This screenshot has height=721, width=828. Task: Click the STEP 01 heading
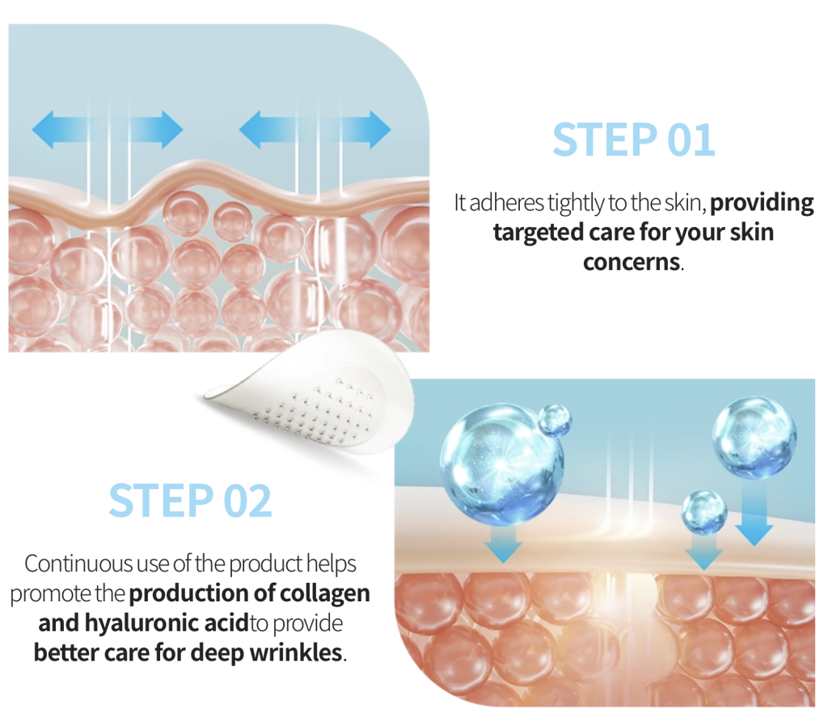click(634, 139)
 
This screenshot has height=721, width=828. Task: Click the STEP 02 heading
click(190, 500)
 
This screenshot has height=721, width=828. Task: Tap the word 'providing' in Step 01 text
click(762, 203)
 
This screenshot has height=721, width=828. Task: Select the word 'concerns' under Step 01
click(631, 263)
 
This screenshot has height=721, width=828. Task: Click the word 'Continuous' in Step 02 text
click(78, 563)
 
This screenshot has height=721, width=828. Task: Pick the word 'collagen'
click(324, 594)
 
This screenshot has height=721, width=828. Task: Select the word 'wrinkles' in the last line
click(296, 653)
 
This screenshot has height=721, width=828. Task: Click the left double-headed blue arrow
click(108, 129)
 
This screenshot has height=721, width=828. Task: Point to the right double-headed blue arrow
click(315, 129)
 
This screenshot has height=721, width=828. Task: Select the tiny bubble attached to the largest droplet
click(555, 420)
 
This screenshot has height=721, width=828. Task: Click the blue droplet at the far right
click(754, 437)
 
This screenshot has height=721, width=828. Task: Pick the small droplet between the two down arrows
click(704, 512)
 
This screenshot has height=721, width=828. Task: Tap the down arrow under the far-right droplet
click(754, 512)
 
